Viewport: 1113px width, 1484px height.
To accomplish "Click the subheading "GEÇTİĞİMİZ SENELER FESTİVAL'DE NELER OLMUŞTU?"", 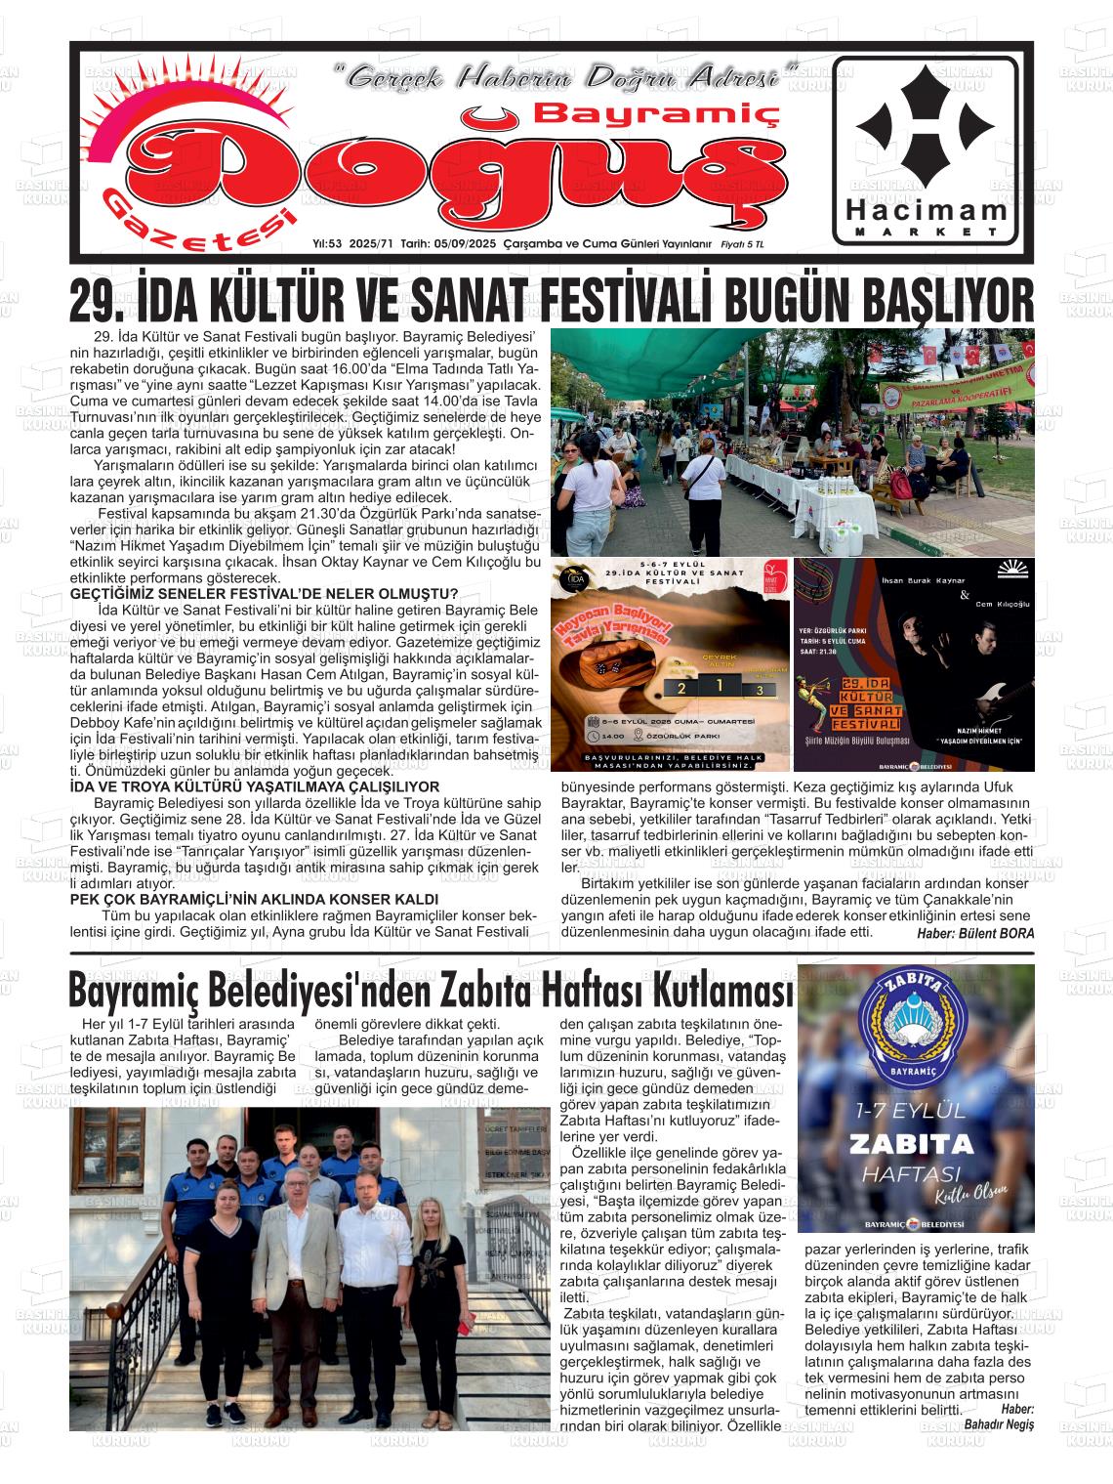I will tap(265, 594).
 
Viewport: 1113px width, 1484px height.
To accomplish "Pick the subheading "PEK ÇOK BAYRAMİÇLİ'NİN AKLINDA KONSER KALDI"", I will tap(255, 899).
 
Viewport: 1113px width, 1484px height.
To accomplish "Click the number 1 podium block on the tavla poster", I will tap(720, 686).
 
